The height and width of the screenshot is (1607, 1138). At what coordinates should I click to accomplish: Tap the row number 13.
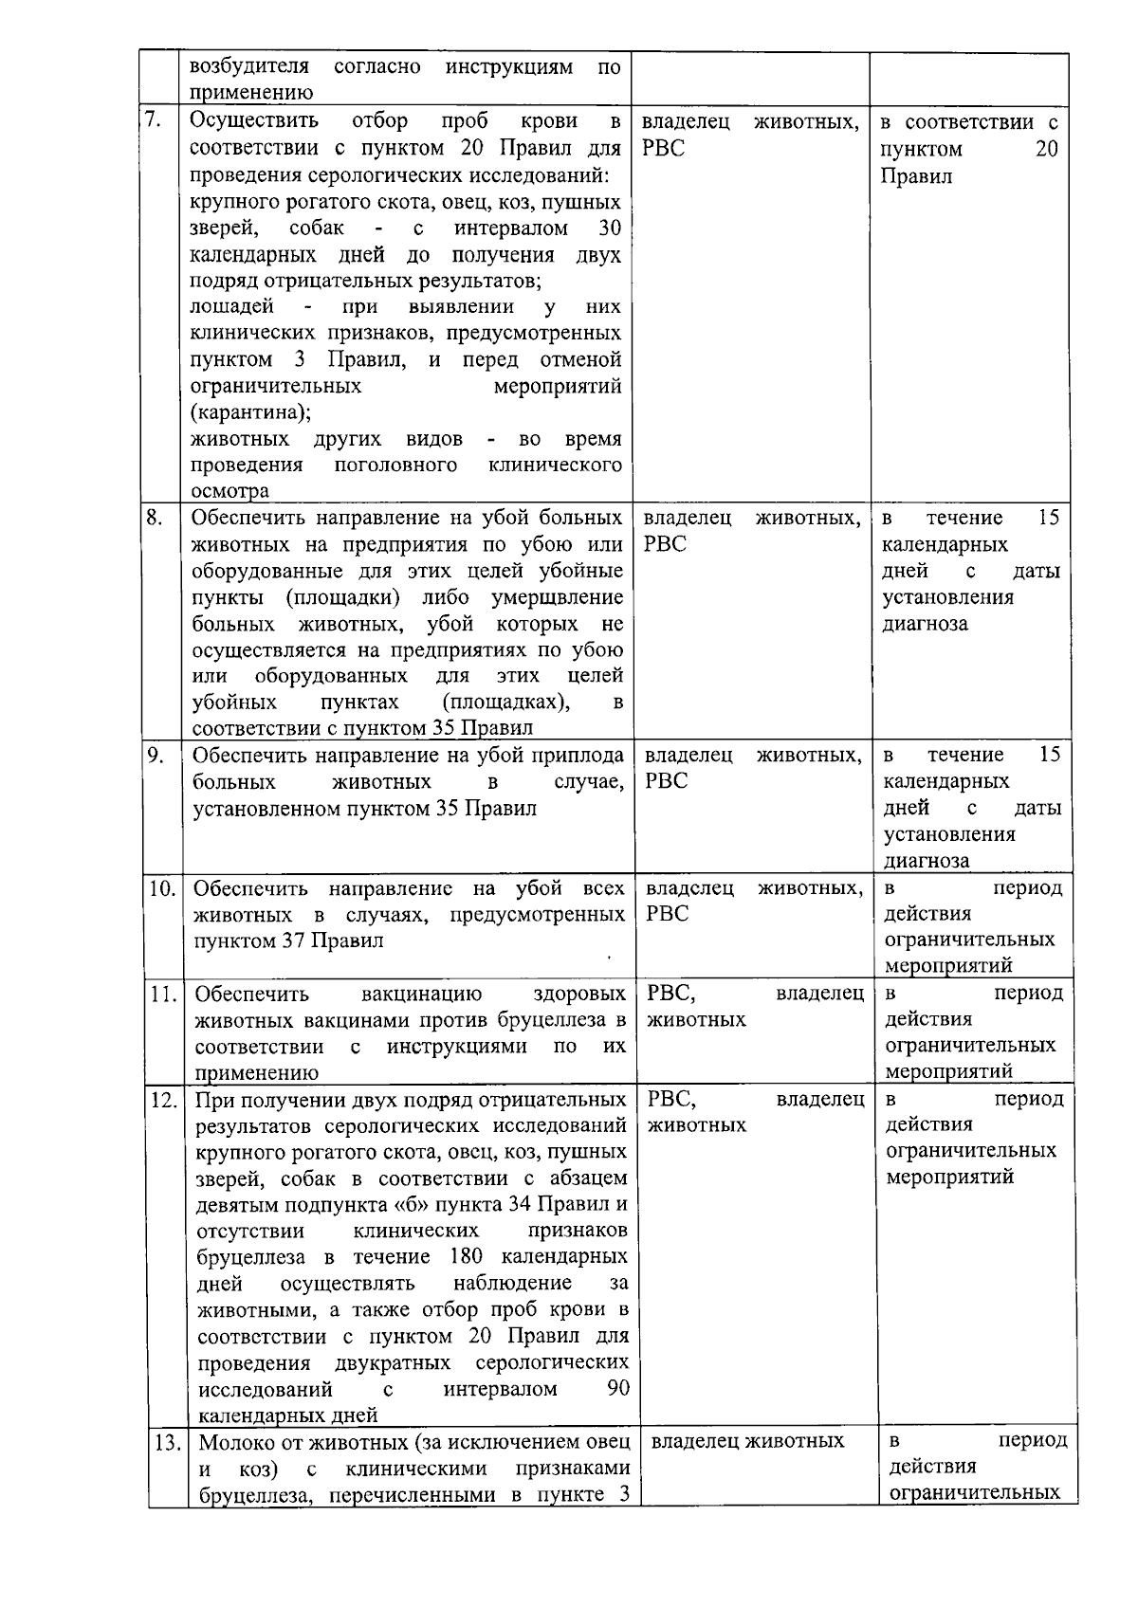(x=168, y=1443)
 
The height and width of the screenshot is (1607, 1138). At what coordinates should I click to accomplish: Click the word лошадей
(x=232, y=306)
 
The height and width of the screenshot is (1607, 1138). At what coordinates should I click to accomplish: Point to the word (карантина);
(x=250, y=412)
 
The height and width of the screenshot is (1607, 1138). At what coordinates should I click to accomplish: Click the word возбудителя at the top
(x=249, y=66)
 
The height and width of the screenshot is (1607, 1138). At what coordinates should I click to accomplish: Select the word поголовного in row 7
(x=395, y=466)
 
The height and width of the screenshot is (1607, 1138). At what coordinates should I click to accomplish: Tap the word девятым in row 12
(x=235, y=1204)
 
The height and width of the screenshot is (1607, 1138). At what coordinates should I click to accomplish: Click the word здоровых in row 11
(x=579, y=994)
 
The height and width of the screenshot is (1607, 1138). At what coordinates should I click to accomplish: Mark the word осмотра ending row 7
(x=229, y=491)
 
